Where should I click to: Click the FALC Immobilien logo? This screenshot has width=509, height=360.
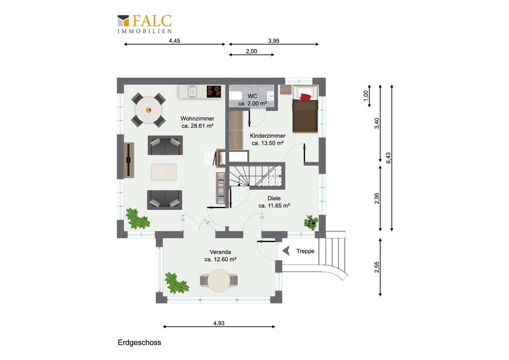(x=145, y=24)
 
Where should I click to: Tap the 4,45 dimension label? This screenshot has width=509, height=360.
(x=174, y=41)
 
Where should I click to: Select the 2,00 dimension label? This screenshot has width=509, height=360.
(x=251, y=51)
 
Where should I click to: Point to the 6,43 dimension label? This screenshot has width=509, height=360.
(x=388, y=158)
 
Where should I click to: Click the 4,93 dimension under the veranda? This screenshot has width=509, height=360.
(x=219, y=323)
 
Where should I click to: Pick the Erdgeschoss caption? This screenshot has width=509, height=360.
(x=139, y=342)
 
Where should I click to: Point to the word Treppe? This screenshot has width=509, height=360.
(x=305, y=251)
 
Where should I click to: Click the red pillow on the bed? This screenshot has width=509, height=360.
(x=305, y=97)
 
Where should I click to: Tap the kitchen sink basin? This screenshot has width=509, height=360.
(x=192, y=92)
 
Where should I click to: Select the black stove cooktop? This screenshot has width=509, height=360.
(x=214, y=92)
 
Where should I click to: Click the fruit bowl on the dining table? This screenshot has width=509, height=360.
(x=148, y=110)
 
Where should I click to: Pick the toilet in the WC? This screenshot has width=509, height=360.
(x=236, y=96)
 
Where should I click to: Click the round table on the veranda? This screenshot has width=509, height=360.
(x=219, y=281)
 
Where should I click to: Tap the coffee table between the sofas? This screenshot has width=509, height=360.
(x=164, y=172)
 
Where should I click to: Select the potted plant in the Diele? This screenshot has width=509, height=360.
(x=311, y=222)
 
